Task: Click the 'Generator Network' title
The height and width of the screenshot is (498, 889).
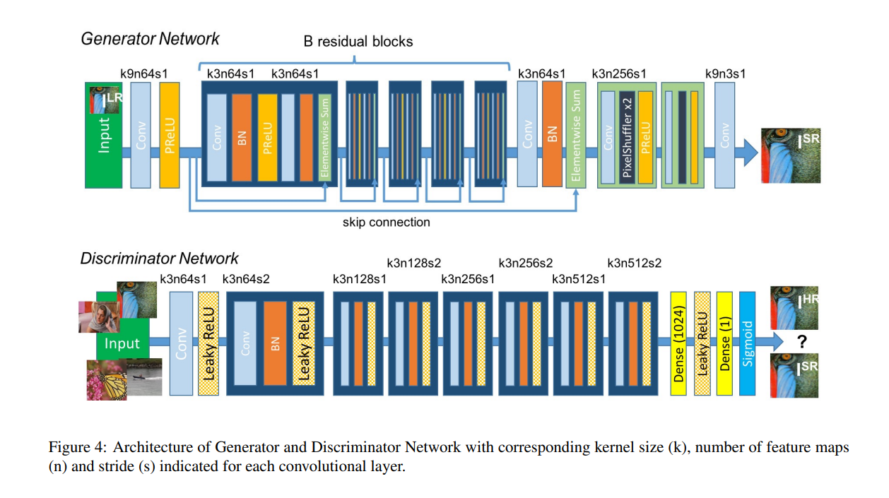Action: click(150, 38)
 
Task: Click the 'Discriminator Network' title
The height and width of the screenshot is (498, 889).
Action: click(159, 259)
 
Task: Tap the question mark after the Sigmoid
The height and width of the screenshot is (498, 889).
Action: click(802, 343)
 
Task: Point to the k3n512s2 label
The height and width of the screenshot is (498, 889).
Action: click(634, 263)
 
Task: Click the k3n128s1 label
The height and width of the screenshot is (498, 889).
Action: click(359, 279)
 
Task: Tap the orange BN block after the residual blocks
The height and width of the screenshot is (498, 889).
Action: click(551, 134)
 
